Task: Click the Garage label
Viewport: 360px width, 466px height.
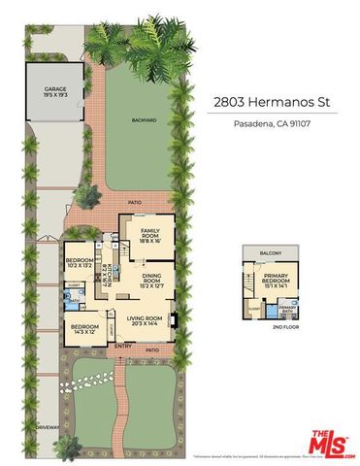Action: (x=54, y=91)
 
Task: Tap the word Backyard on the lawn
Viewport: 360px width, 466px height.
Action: (x=144, y=120)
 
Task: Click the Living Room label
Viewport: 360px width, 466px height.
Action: (x=143, y=321)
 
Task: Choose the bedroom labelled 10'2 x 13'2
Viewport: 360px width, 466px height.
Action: (x=80, y=265)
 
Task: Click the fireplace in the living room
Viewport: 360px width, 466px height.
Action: (x=172, y=319)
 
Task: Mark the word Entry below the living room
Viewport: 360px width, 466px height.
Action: (x=123, y=347)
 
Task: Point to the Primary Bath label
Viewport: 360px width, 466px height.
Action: (x=287, y=310)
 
